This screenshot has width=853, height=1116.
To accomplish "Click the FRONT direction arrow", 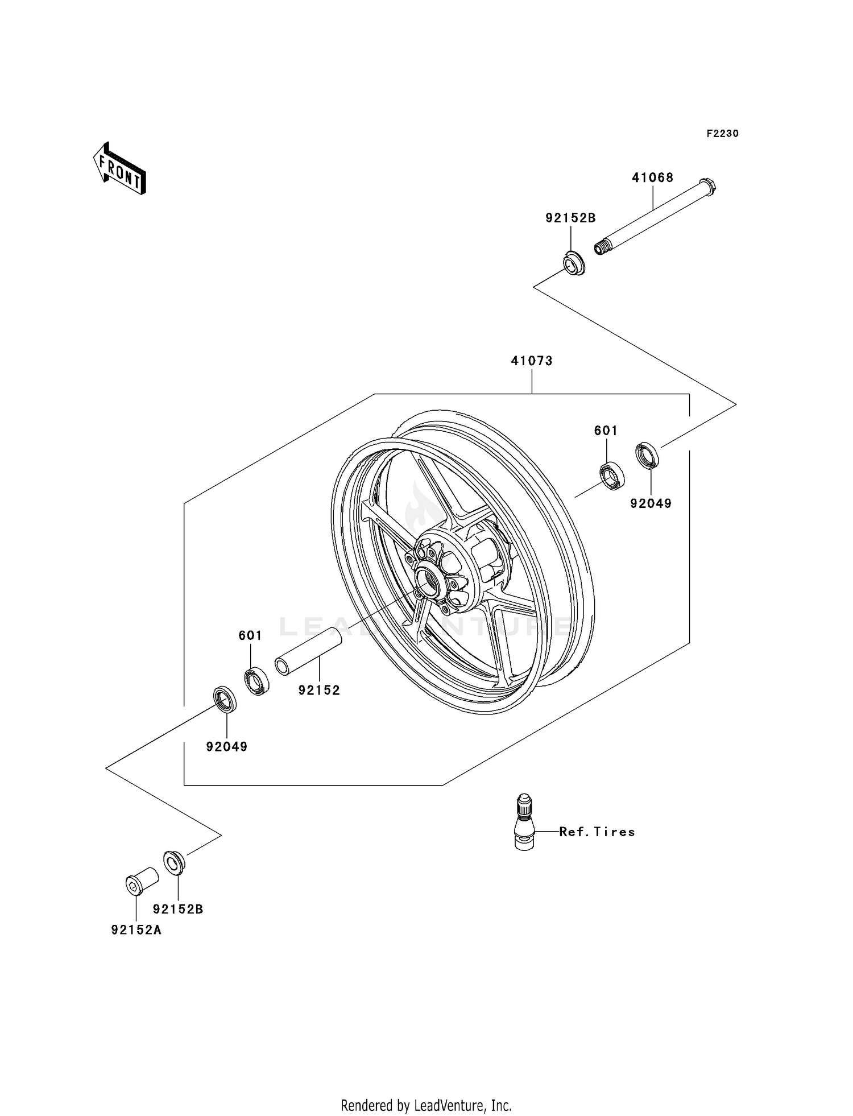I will (x=120, y=169).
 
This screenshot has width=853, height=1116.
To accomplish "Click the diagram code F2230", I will (x=722, y=134).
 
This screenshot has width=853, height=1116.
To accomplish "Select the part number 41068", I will (x=652, y=177).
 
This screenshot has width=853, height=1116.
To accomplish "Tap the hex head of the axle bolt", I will (x=707, y=185).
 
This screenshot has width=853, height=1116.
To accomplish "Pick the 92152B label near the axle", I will (x=570, y=218).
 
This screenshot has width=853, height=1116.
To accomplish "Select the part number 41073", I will (x=532, y=361).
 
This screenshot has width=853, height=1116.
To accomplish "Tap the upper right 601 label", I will (x=606, y=431).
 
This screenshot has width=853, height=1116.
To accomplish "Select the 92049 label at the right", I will (x=651, y=503).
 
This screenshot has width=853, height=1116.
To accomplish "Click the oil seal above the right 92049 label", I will (x=647, y=455).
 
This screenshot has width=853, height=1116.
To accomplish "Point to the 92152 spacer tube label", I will (x=319, y=691).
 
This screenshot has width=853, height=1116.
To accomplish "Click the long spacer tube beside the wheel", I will (x=309, y=651).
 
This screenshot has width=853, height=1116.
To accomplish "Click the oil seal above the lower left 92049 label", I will (x=225, y=699).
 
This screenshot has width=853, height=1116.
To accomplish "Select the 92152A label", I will (x=136, y=931).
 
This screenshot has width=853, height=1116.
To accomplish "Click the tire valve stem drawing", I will (x=524, y=822).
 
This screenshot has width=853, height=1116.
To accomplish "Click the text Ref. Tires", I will (x=597, y=832).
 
